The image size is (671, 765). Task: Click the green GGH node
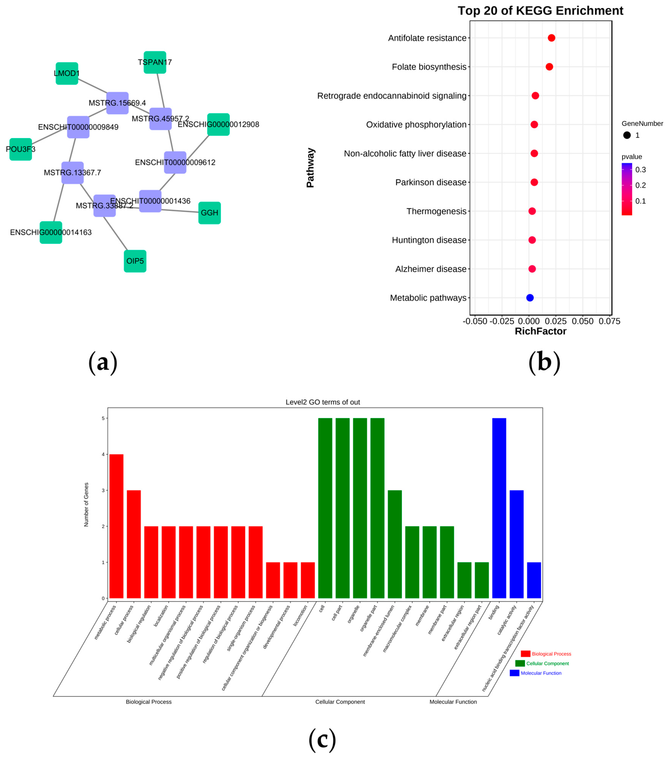[209, 213]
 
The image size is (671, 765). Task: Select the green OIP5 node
[135, 261]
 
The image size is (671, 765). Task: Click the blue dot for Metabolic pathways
[529, 298]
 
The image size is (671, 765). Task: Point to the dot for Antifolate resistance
[551, 38]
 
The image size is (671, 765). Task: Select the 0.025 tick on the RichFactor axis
[556, 321]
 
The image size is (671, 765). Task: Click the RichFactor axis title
[540, 331]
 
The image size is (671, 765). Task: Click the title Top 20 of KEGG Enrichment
[540, 10]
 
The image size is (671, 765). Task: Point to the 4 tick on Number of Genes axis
[103, 454]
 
